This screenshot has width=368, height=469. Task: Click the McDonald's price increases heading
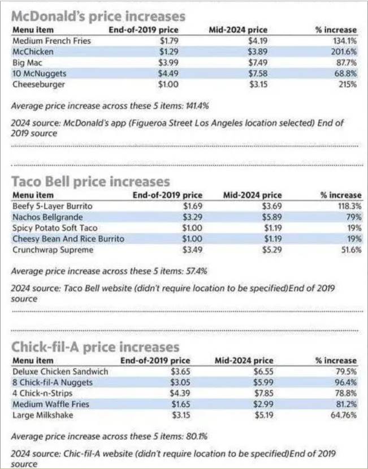click(x=98, y=15)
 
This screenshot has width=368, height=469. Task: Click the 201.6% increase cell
click(x=344, y=51)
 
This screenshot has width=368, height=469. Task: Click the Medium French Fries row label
click(x=51, y=41)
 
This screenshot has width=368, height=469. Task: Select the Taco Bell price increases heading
click(x=90, y=181)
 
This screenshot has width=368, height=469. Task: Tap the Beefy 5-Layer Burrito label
click(x=52, y=206)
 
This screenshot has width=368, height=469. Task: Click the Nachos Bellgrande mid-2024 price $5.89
click(x=270, y=217)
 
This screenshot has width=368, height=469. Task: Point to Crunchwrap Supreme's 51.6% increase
click(x=350, y=250)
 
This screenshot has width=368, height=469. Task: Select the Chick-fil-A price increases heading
click(x=95, y=346)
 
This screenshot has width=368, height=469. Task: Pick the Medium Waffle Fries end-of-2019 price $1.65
click(x=180, y=405)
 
